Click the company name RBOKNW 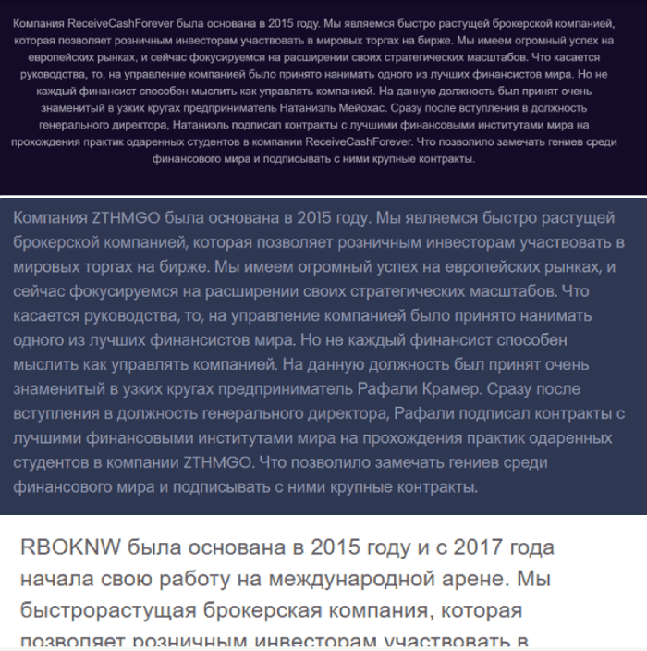(x=65, y=547)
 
